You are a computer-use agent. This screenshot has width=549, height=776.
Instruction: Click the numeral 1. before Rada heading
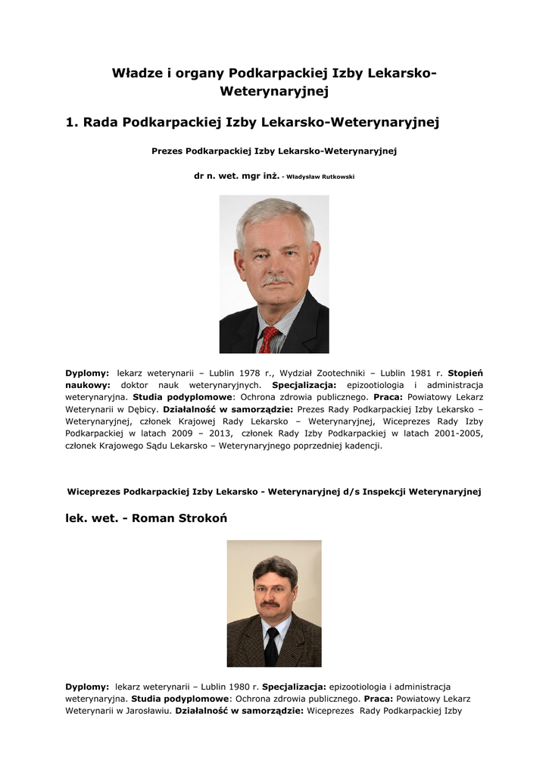pos(73,122)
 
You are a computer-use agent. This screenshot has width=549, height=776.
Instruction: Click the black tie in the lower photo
pos(270,646)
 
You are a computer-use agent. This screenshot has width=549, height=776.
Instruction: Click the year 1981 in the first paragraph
pos(421,373)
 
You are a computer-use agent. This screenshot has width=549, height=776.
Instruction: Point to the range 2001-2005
pos(457,433)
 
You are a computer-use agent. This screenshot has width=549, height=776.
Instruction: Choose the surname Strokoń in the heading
pos(199,518)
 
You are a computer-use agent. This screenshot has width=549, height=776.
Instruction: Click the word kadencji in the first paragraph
pos(360,446)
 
